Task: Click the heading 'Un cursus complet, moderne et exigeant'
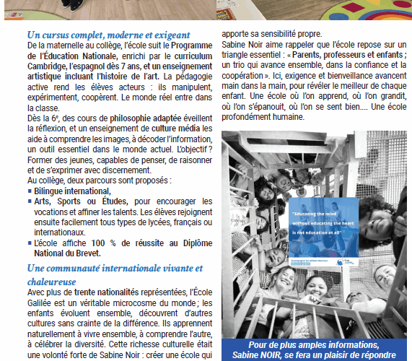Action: [108, 35]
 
